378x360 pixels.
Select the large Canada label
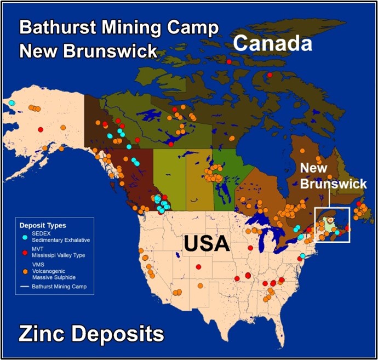273,43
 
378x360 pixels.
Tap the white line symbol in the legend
25,286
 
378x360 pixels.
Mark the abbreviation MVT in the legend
38,250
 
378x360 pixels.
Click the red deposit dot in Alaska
40,129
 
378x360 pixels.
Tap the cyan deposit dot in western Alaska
12,102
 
